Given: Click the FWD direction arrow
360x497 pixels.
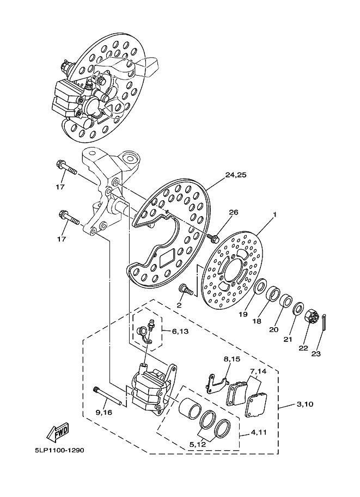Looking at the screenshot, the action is click(x=58, y=432).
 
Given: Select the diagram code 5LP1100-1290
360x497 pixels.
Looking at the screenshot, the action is click(x=59, y=450).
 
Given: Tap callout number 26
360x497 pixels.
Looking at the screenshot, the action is click(x=234, y=212).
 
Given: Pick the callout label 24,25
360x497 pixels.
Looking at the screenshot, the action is click(x=236, y=175).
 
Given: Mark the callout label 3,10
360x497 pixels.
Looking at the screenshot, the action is click(x=305, y=404).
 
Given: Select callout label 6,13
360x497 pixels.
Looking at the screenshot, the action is click(x=180, y=331).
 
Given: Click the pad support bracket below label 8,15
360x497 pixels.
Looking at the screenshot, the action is click(x=216, y=384).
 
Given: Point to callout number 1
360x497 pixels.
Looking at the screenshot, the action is click(x=274, y=214).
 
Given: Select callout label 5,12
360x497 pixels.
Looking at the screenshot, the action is click(x=198, y=444).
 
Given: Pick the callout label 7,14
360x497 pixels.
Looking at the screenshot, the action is click(x=258, y=371).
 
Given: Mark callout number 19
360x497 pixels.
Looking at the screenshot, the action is click(x=243, y=314).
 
